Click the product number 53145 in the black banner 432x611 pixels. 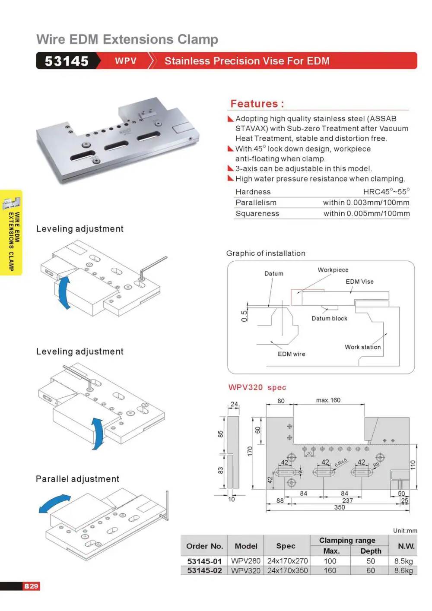[x=67, y=61]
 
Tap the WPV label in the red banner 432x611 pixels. [x=126, y=60]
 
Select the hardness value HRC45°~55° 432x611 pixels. [x=386, y=191]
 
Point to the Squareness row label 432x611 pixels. [x=257, y=213]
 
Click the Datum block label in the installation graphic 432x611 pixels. [x=329, y=318]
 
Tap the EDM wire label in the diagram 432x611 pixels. [x=291, y=354]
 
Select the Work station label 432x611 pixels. [x=362, y=347]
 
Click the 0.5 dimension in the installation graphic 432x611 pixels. [x=244, y=316]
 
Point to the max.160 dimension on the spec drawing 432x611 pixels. [x=328, y=400]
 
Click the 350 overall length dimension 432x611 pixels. [x=339, y=507]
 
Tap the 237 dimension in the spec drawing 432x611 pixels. [x=347, y=500]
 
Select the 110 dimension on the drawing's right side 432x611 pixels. [x=413, y=465]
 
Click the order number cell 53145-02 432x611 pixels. [x=204, y=570]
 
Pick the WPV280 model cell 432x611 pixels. [x=246, y=561]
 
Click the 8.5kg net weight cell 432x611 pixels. [x=403, y=561]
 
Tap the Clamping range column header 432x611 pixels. [x=347, y=540]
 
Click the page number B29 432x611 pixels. [x=31, y=586]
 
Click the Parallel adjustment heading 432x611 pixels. [x=77, y=479]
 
